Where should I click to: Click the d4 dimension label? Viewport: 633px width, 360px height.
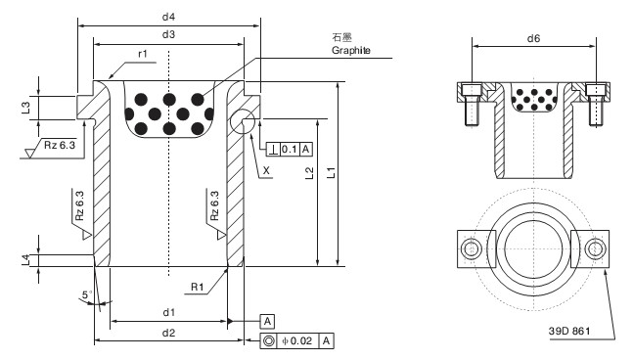(168, 17)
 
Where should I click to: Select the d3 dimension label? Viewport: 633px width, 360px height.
(168, 34)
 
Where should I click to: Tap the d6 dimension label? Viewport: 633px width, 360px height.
(533, 38)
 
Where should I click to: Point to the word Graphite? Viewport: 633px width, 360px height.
(351, 51)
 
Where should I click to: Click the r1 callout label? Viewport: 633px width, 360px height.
(143, 54)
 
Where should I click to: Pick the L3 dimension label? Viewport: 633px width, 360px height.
(25, 108)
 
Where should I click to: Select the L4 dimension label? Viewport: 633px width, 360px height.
(25, 260)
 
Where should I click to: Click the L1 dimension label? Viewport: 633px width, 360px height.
(331, 173)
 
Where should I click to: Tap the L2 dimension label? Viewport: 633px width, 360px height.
(309, 173)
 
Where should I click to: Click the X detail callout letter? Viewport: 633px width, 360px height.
(266, 171)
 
